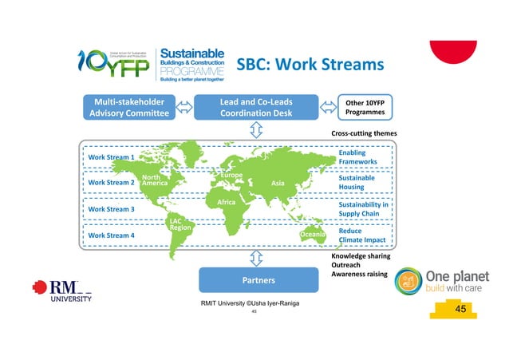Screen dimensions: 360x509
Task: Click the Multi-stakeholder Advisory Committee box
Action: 131,107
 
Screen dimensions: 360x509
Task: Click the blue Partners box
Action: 253,280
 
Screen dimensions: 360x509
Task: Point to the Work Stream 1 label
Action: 110,157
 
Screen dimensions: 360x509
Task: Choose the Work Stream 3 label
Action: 110,209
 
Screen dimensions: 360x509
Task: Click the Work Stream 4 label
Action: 110,235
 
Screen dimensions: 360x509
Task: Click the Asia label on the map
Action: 278,183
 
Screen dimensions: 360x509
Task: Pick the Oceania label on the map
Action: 313,235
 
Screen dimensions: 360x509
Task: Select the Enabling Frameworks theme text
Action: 357,157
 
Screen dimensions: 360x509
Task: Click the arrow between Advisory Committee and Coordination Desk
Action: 185,107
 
